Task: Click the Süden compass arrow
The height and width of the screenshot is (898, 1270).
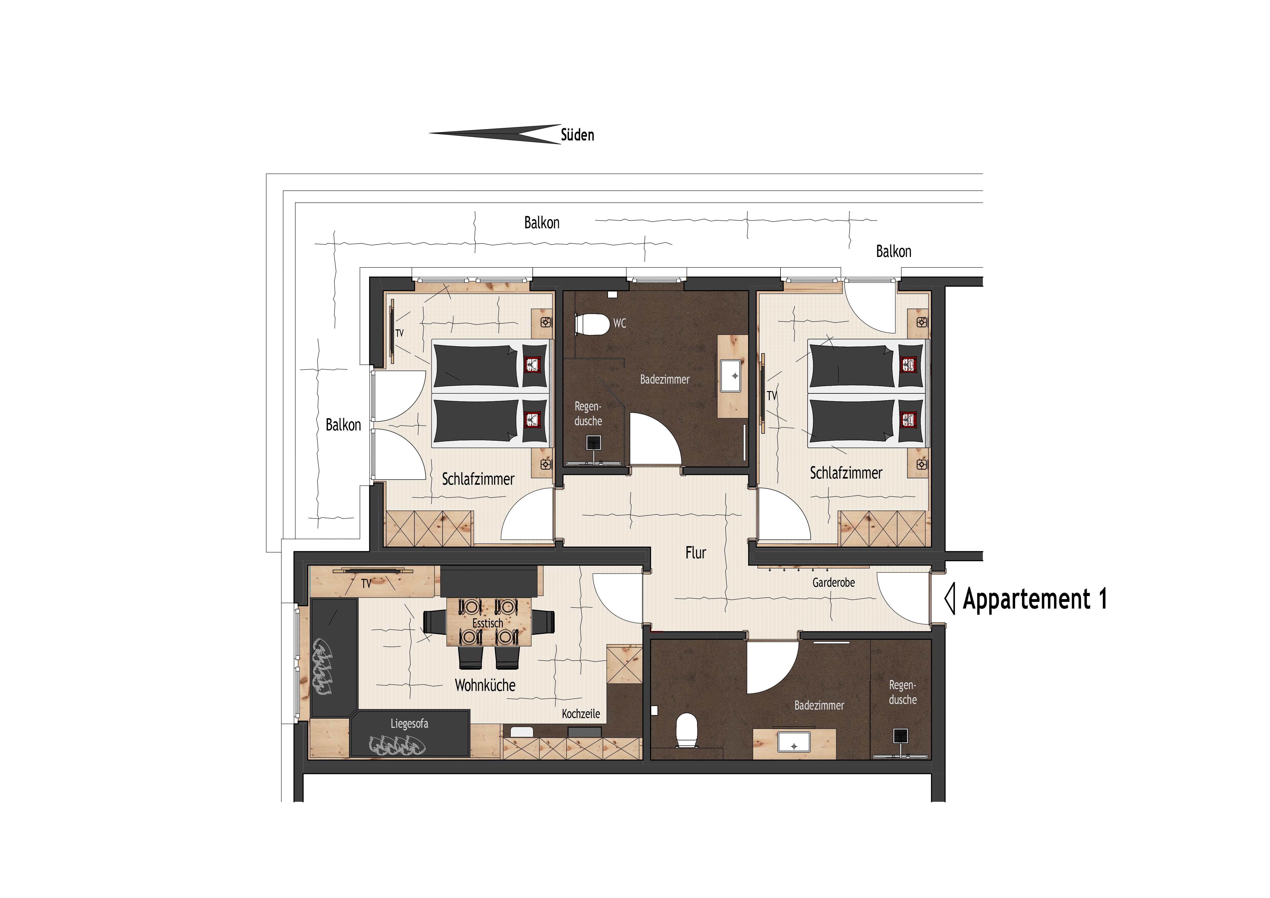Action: [495, 134]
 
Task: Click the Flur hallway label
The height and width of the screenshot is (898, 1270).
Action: [696, 553]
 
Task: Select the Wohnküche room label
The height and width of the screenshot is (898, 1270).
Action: [485, 686]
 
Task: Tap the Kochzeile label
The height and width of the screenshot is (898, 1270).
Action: [581, 714]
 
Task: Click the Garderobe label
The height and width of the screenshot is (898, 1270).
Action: [834, 583]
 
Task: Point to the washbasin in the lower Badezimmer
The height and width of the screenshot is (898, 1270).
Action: [794, 741]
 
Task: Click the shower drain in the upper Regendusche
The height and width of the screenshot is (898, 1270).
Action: [593, 443]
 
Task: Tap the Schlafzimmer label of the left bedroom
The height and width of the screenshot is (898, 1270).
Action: [478, 479]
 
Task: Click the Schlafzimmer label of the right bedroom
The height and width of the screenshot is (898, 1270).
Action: [846, 473]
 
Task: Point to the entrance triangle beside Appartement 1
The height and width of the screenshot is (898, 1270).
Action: [949, 599]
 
